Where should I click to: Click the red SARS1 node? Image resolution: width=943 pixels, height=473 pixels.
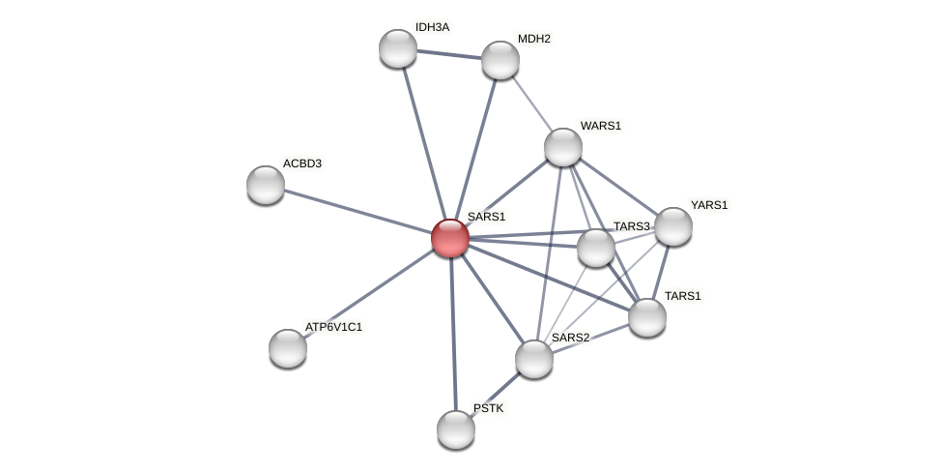pyautogui.click(x=450, y=238)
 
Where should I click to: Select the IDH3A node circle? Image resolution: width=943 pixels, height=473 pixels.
pyautogui.click(x=398, y=48)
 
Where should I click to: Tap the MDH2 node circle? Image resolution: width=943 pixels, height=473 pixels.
pyautogui.click(x=500, y=60)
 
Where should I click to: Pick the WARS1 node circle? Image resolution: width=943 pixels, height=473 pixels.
pyautogui.click(x=563, y=147)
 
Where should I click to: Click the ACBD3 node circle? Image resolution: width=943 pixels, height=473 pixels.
pyautogui.click(x=266, y=185)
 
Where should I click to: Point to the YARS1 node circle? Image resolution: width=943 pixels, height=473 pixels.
pyautogui.click(x=673, y=226)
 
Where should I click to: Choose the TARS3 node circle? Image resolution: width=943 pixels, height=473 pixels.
pyautogui.click(x=596, y=248)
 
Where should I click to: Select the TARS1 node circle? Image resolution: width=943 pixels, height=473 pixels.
pyautogui.click(x=647, y=317)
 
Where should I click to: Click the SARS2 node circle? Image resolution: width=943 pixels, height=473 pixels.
pyautogui.click(x=534, y=359)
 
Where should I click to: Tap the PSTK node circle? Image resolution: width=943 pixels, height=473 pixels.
pyautogui.click(x=456, y=429)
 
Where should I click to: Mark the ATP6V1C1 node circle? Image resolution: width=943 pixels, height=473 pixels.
pyautogui.click(x=288, y=348)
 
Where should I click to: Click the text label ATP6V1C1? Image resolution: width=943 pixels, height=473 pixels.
pyautogui.click(x=333, y=327)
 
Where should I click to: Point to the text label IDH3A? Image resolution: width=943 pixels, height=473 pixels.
pyautogui.click(x=432, y=27)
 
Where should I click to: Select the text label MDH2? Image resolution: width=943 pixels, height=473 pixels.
pyautogui.click(x=533, y=39)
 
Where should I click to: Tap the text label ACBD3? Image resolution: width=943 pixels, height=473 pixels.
pyautogui.click(x=301, y=163)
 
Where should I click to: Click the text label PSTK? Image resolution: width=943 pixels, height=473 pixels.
pyautogui.click(x=488, y=408)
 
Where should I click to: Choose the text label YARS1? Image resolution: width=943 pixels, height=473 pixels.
pyautogui.click(x=708, y=205)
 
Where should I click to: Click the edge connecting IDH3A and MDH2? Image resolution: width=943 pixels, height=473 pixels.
pyautogui.click(x=449, y=54)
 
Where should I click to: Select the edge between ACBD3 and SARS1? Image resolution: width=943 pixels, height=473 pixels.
pyautogui.click(x=357, y=211)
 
